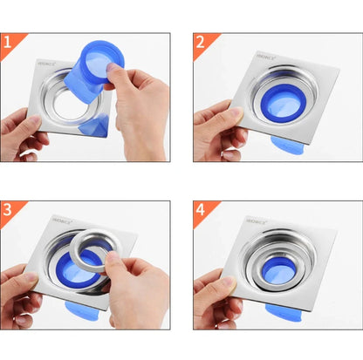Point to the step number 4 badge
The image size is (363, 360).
tap(200, 210)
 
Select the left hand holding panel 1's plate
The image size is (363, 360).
tap(22, 131)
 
